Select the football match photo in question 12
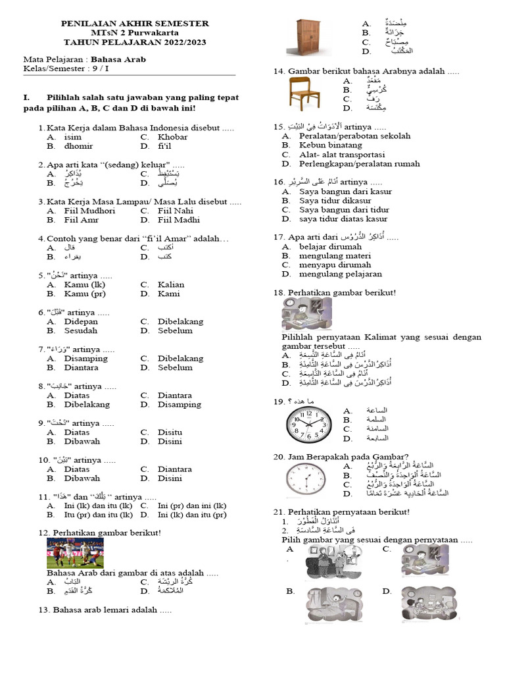(x=74, y=553)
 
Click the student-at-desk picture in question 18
(x=306, y=314)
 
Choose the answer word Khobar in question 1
(x=172, y=137)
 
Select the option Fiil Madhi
(x=178, y=220)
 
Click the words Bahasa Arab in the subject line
(x=118, y=59)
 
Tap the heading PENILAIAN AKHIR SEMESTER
(x=135, y=23)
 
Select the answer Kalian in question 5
(x=171, y=284)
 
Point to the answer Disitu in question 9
(x=170, y=432)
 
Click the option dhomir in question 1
(x=78, y=146)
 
